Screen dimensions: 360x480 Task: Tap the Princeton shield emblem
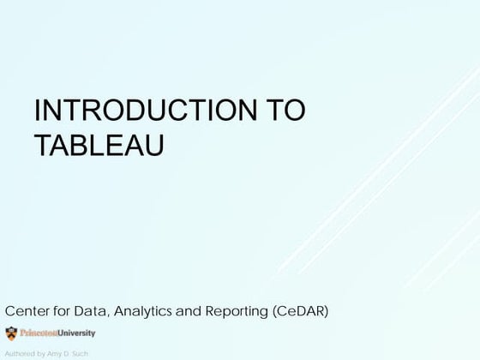[x=10, y=333]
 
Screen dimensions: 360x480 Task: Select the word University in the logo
[x=76, y=333]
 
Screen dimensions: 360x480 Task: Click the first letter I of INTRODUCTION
[x=36, y=113]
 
